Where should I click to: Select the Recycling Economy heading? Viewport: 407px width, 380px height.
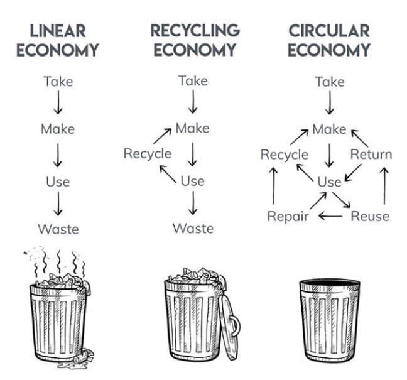(x=194, y=40)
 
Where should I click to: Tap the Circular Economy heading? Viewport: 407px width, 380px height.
(x=329, y=40)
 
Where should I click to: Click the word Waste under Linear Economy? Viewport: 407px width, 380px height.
(x=58, y=229)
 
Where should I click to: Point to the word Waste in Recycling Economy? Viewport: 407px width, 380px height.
(x=193, y=228)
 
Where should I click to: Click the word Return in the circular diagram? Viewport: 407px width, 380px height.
(x=371, y=154)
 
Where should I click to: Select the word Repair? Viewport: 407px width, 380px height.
(x=288, y=216)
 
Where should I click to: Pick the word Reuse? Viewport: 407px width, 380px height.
(x=369, y=216)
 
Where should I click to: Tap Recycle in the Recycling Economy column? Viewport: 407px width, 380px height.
(x=147, y=153)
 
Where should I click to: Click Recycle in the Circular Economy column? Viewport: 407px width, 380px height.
(x=285, y=154)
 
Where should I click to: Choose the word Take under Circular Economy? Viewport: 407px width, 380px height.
(x=329, y=82)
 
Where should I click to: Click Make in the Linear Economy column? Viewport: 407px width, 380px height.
(x=58, y=129)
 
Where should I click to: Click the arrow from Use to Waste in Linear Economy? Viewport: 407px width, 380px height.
(x=58, y=205)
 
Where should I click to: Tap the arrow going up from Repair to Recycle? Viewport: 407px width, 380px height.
(x=273, y=185)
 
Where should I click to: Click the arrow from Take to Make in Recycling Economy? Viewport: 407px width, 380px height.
(x=193, y=102)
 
